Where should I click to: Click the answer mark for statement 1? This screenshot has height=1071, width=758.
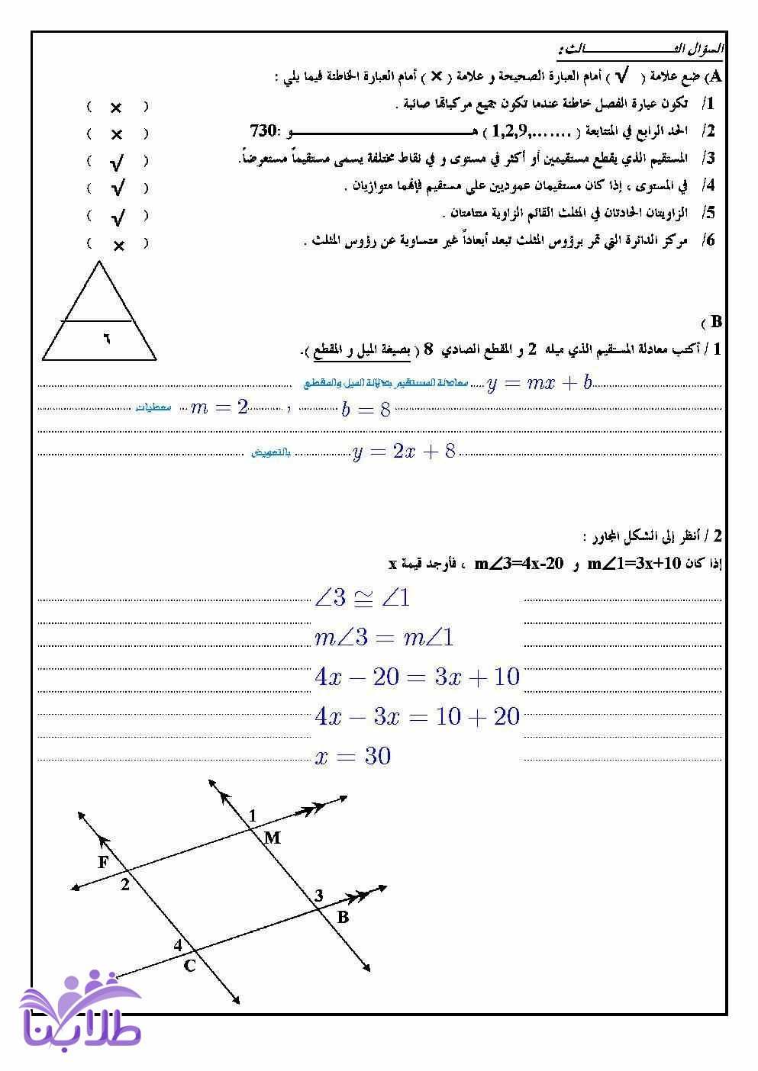point(116,108)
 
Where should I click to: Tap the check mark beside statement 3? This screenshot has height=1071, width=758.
point(117,162)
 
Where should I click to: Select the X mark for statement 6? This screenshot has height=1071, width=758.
point(118,246)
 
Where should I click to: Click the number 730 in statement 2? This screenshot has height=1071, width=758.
point(264,130)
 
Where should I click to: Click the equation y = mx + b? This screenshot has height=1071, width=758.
point(540,383)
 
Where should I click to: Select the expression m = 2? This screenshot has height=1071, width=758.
point(219,407)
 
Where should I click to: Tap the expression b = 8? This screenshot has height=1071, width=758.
point(366,410)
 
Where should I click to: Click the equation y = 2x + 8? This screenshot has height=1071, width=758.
point(404,452)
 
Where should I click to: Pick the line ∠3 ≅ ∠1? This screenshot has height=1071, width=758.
point(362,598)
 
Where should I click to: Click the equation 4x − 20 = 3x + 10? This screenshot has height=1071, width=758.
point(417,677)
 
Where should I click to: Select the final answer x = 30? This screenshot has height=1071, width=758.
point(353,756)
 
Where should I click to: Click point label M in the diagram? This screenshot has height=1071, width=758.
point(273,838)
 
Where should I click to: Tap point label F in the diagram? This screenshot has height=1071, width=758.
point(104,862)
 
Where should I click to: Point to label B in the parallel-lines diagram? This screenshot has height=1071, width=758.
point(343,916)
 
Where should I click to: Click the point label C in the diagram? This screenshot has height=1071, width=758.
point(190,966)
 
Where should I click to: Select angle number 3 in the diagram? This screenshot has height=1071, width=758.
point(319,896)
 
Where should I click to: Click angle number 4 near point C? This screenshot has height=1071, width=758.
point(178,945)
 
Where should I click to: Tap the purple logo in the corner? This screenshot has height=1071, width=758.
point(80,1011)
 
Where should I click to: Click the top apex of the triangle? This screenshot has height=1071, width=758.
point(99,262)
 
